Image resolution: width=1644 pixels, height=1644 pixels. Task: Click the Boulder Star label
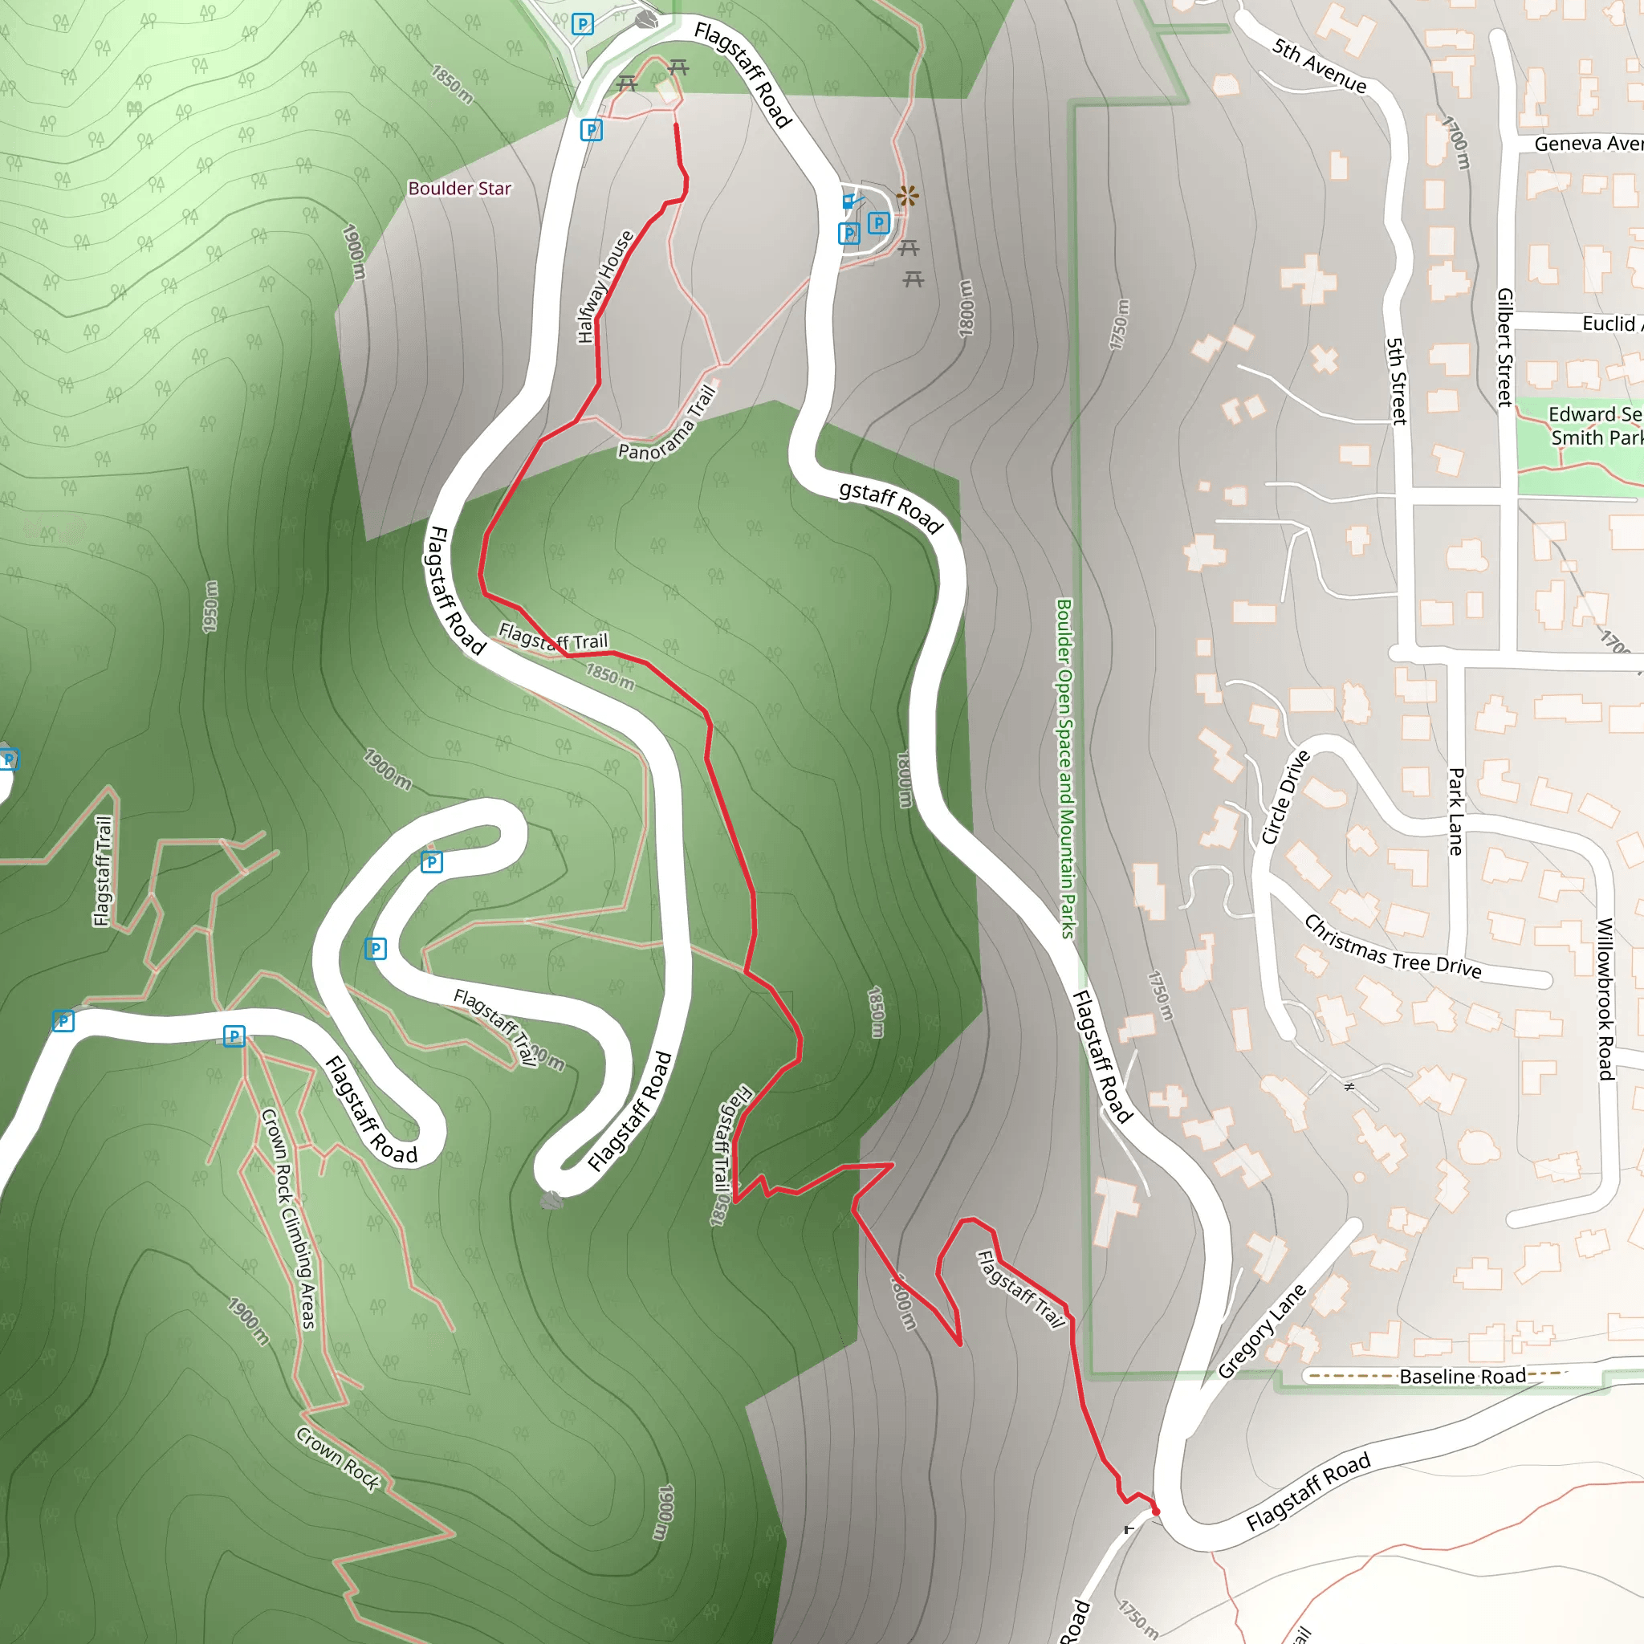(459, 188)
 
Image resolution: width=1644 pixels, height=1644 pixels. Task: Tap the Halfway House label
(605, 287)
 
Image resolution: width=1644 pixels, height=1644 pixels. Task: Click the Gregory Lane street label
(1261, 1332)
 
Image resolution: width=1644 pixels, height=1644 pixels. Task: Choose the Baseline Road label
(1462, 1376)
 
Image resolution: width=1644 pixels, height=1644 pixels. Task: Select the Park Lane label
(1456, 812)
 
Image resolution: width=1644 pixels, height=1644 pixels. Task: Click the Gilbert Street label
(1505, 347)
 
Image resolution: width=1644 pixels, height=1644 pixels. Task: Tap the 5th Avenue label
(1319, 66)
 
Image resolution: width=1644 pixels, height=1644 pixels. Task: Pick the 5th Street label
(1397, 380)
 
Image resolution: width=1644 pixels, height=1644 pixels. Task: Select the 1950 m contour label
(210, 607)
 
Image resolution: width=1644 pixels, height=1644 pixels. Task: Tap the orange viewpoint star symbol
(907, 197)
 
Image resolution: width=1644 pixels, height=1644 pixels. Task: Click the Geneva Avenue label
(1588, 144)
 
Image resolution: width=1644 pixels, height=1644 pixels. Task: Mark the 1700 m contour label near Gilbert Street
(1457, 142)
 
